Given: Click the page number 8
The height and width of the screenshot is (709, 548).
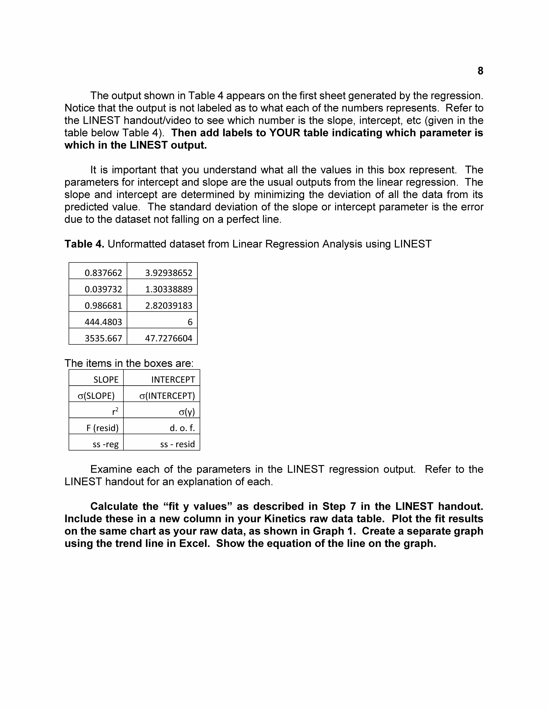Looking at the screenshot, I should pyautogui.click(x=480, y=71).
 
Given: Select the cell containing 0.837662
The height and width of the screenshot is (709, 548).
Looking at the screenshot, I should pyautogui.click(x=103, y=273).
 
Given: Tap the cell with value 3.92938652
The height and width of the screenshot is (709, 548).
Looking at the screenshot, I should pyautogui.click(x=168, y=273).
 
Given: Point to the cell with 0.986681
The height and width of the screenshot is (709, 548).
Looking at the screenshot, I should pyautogui.click(x=103, y=305).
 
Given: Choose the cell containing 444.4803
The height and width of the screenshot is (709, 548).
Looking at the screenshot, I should pyautogui.click(x=103, y=322).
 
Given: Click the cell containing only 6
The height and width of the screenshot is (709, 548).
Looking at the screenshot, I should pyautogui.click(x=190, y=322).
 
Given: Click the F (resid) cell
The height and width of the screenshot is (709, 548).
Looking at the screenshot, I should pyautogui.click(x=102, y=428).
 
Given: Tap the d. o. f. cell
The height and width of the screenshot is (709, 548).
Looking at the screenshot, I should pyautogui.click(x=182, y=428).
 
